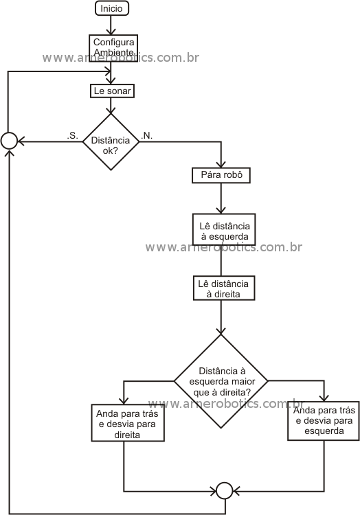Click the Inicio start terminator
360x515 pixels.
click(112, 8)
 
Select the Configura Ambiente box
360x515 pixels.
click(113, 48)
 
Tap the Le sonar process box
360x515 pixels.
click(113, 91)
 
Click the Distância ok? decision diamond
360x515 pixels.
click(111, 142)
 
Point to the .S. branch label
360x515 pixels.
click(73, 136)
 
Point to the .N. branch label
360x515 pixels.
click(147, 136)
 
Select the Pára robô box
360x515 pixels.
click(221, 175)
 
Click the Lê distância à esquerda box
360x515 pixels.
click(224, 229)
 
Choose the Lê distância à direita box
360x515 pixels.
click(224, 288)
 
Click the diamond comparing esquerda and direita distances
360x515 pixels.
click(221, 381)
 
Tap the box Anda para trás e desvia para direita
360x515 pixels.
click(128, 423)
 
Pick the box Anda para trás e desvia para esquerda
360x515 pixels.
click(324, 421)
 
